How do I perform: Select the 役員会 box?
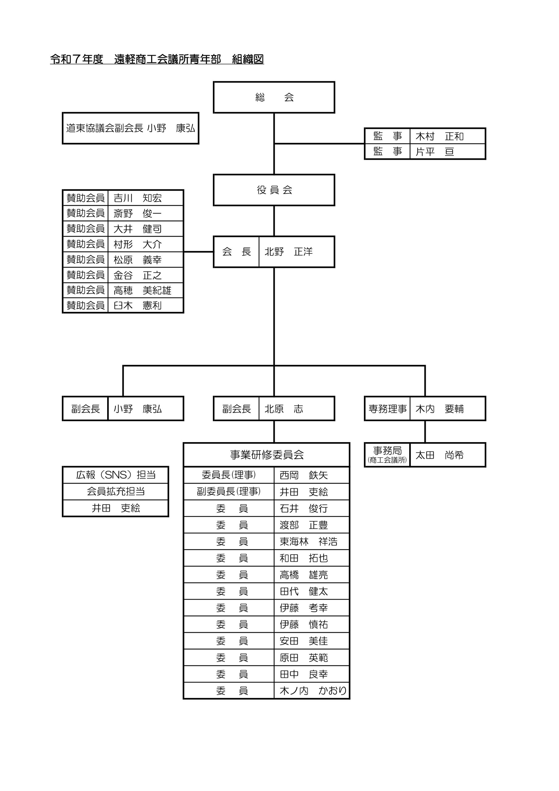coord(274,190)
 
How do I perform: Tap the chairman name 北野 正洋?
coord(289,252)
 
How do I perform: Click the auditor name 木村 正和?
coord(439,137)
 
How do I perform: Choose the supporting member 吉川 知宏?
coord(137,198)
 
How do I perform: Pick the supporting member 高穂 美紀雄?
coord(142,290)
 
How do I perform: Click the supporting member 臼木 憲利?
coord(137,306)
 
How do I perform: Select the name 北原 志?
coord(284,409)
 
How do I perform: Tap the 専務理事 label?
coord(388,409)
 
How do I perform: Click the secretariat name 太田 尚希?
coord(439,455)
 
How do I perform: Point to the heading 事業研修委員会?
coord(267,455)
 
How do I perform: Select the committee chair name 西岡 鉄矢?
coord(304,475)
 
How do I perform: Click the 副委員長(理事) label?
coord(229,492)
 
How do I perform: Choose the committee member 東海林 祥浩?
coord(308,542)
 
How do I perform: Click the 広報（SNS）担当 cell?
coord(116,475)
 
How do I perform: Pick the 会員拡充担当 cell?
coord(116,492)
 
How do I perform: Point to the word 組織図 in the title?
coord(248,59)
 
